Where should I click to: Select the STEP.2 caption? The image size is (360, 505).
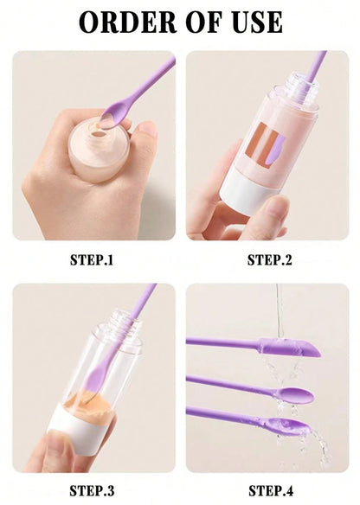[270, 259]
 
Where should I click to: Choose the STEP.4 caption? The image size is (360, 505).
[270, 490]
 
